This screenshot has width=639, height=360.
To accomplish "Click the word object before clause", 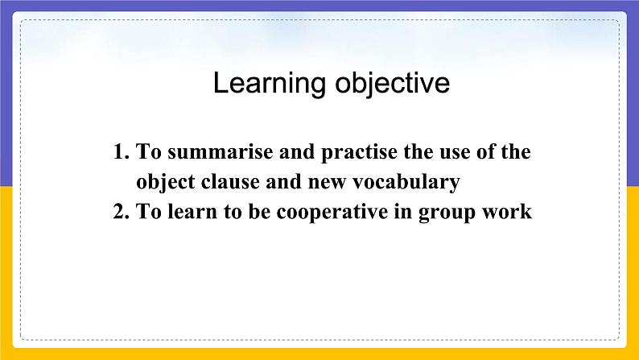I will click(x=163, y=183).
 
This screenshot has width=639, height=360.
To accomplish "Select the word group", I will click(x=449, y=213).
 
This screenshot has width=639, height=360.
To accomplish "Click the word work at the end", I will click(x=509, y=212).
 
